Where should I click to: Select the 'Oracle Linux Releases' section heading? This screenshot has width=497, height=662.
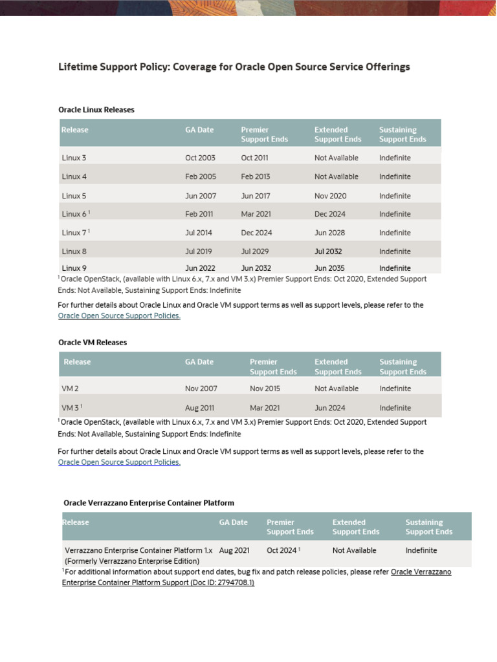click(96, 110)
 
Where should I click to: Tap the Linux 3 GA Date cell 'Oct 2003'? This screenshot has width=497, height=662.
click(200, 158)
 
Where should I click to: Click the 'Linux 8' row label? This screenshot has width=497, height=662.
click(74, 251)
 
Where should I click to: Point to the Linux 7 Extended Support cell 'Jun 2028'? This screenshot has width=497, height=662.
click(329, 233)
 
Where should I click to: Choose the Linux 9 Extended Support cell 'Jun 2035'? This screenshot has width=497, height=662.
click(329, 268)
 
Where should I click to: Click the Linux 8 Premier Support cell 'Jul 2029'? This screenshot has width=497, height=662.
click(255, 251)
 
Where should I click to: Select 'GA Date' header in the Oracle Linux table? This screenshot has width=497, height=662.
click(199, 130)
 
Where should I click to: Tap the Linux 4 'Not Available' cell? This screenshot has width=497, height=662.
click(336, 176)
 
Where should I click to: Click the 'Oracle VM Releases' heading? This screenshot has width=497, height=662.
click(93, 343)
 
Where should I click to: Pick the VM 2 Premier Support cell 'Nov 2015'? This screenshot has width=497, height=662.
click(265, 389)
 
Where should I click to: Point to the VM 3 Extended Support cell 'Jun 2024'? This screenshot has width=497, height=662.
click(330, 408)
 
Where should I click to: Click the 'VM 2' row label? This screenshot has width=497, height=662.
click(71, 389)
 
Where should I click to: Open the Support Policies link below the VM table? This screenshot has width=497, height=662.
click(119, 462)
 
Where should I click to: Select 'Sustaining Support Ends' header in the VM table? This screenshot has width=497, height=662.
click(403, 367)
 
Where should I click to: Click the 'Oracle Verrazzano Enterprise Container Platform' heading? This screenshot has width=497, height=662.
click(149, 502)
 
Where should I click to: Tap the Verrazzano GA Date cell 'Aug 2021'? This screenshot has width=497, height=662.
click(234, 550)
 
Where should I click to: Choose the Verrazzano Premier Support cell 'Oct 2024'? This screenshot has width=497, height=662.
click(282, 550)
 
